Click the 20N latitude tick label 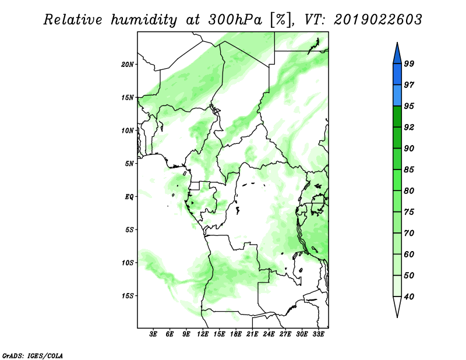click(x=128, y=65)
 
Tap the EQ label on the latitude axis click(x=129, y=197)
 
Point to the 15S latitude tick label click(x=128, y=296)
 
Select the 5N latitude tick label click(x=129, y=164)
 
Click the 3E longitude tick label click(x=153, y=334)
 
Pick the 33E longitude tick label click(x=318, y=334)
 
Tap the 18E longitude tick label click(x=236, y=334)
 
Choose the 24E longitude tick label click(x=269, y=334)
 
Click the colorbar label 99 click(x=409, y=63)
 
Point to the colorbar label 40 click(x=409, y=297)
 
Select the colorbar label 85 click(x=409, y=170)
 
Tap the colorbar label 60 click(x=409, y=255)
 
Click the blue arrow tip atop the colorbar click(x=397, y=43)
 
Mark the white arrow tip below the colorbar click(x=397, y=317)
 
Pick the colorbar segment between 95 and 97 click(x=397, y=96)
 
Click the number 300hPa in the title click(x=235, y=20)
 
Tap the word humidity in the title click(x=144, y=20)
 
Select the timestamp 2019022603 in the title click(x=377, y=20)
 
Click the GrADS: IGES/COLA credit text click(x=33, y=356)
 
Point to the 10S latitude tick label click(x=128, y=263)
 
